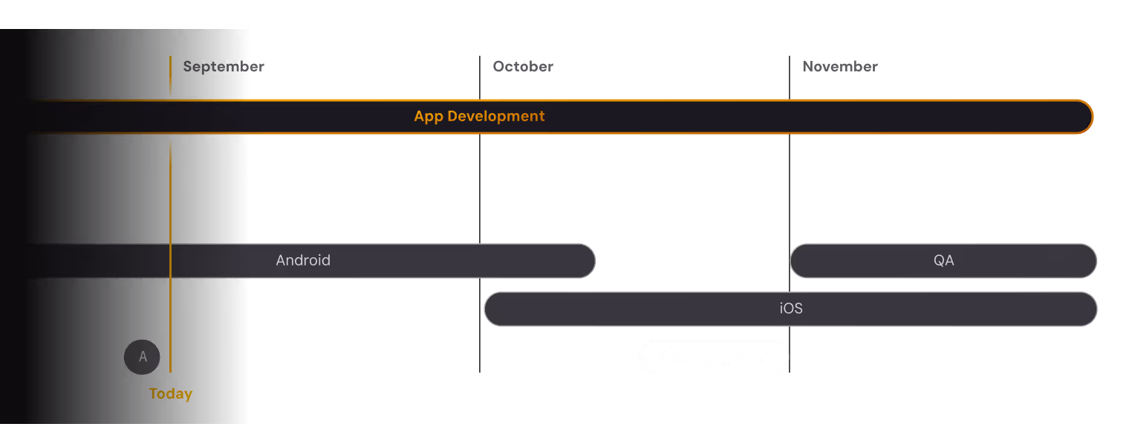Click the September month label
224,66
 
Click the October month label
523,66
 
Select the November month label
839,66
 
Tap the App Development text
479,116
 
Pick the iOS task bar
669,309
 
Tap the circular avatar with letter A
142,357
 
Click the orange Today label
171,393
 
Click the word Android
303,260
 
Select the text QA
943,260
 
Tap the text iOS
791,309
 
